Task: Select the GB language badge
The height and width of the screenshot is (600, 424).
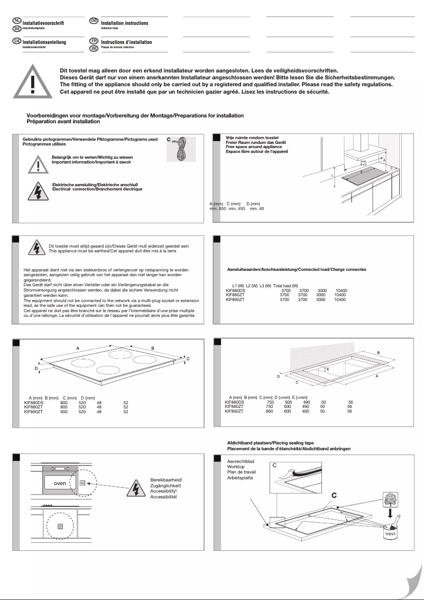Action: (x=94, y=21)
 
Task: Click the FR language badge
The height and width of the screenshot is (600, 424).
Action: (x=94, y=41)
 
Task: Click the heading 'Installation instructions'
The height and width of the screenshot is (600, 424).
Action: (x=125, y=23)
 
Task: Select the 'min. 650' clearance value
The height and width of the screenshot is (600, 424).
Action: (x=218, y=209)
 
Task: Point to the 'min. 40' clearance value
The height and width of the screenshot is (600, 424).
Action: (x=256, y=209)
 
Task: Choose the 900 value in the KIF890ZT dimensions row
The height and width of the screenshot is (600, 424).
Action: (x=64, y=411)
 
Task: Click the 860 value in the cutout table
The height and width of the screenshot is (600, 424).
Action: (x=270, y=411)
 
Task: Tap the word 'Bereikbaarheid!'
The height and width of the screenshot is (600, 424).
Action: (x=166, y=480)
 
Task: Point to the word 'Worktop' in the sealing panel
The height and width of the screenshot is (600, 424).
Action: (x=236, y=467)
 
